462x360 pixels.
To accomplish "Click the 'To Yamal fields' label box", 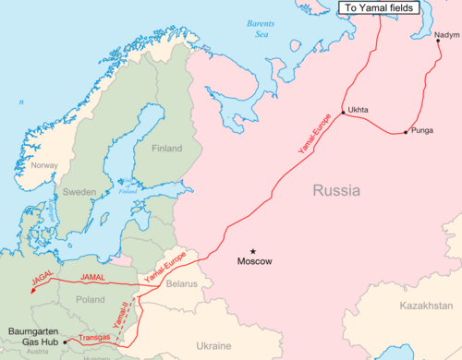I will pyautogui.click(x=381, y=8).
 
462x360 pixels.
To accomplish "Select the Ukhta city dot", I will pyautogui.click(x=343, y=113).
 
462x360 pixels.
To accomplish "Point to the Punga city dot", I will pyautogui.click(x=405, y=133).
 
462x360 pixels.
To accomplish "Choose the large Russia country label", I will pyautogui.click(x=339, y=194).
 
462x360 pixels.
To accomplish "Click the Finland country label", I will pyautogui.click(x=166, y=149).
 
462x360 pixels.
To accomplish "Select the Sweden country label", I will pyautogui.click(x=79, y=192).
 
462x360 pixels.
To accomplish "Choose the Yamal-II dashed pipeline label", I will pyautogui.click(x=122, y=315).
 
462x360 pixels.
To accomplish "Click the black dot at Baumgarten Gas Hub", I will pyautogui.click(x=66, y=341).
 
